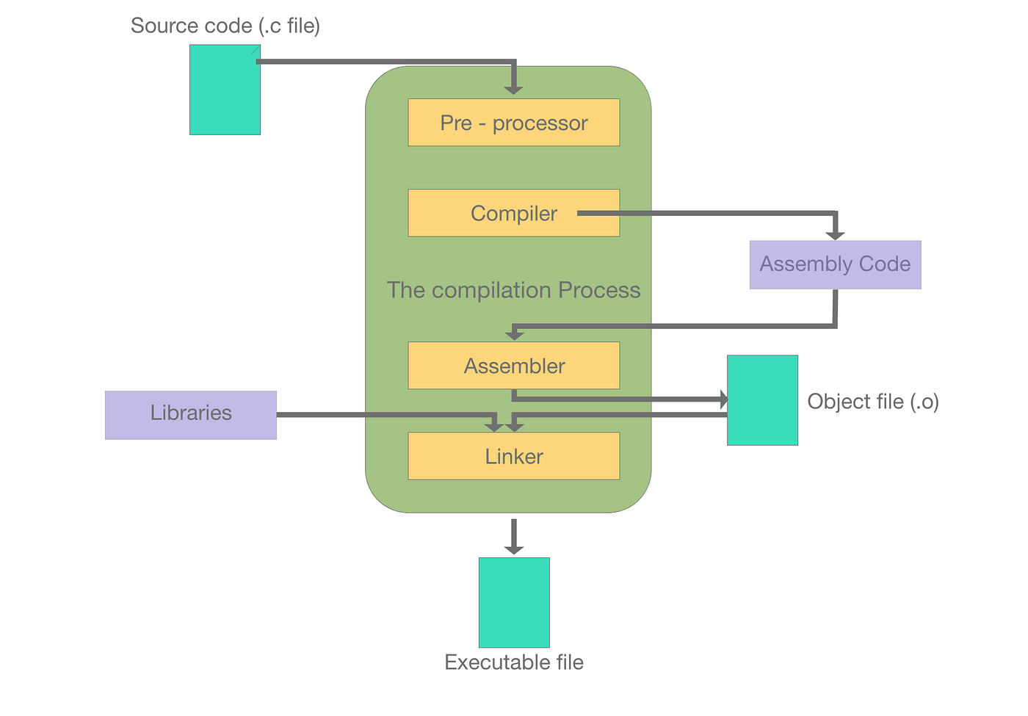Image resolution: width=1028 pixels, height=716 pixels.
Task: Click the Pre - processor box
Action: pos(513,123)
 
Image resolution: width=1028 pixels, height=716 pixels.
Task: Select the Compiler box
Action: pos(513,213)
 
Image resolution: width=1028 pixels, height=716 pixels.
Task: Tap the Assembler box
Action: pos(513,365)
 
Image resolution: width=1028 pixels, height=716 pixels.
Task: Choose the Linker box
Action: pos(513,456)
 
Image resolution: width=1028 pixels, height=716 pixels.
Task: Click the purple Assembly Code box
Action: pos(835,264)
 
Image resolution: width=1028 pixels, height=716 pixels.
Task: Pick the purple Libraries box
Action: pos(191,415)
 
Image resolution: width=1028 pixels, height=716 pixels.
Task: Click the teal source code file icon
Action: pos(225,90)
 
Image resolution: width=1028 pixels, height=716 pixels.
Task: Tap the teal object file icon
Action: pos(762,400)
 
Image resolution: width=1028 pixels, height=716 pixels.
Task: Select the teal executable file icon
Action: pos(514,602)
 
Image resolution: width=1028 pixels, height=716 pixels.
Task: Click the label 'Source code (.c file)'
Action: pos(225,26)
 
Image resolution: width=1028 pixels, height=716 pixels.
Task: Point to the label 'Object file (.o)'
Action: pos(873,402)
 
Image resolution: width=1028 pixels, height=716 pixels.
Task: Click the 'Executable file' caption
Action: pos(514,662)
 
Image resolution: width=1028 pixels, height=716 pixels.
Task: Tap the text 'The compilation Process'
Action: pos(513,290)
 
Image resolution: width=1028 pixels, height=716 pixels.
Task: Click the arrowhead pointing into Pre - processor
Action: pos(514,89)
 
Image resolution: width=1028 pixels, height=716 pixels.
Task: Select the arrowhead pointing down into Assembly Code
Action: pos(835,234)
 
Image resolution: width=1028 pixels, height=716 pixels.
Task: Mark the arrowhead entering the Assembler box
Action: pos(515,335)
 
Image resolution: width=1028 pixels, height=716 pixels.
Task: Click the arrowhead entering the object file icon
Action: pos(723,399)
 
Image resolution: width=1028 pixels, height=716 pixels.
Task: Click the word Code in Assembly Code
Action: pos(885,264)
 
